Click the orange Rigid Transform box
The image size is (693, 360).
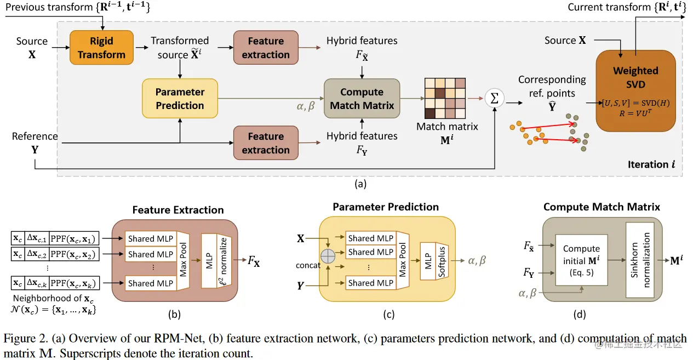pos(101,48)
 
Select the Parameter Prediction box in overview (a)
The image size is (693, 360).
pos(180,99)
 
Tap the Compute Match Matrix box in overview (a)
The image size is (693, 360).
pos(362,99)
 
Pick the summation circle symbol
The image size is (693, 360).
pos(495,99)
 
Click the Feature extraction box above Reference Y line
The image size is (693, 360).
pos(266,143)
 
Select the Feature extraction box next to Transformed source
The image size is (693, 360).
pos(266,48)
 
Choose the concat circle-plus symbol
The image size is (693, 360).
pos(328,256)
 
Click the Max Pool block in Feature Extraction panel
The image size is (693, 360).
pos(182,261)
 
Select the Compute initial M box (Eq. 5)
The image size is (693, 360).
pos(582,260)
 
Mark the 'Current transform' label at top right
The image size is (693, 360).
pos(608,7)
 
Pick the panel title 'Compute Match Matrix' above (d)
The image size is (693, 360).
pos(602,207)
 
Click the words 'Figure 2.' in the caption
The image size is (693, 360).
pos(33,339)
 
